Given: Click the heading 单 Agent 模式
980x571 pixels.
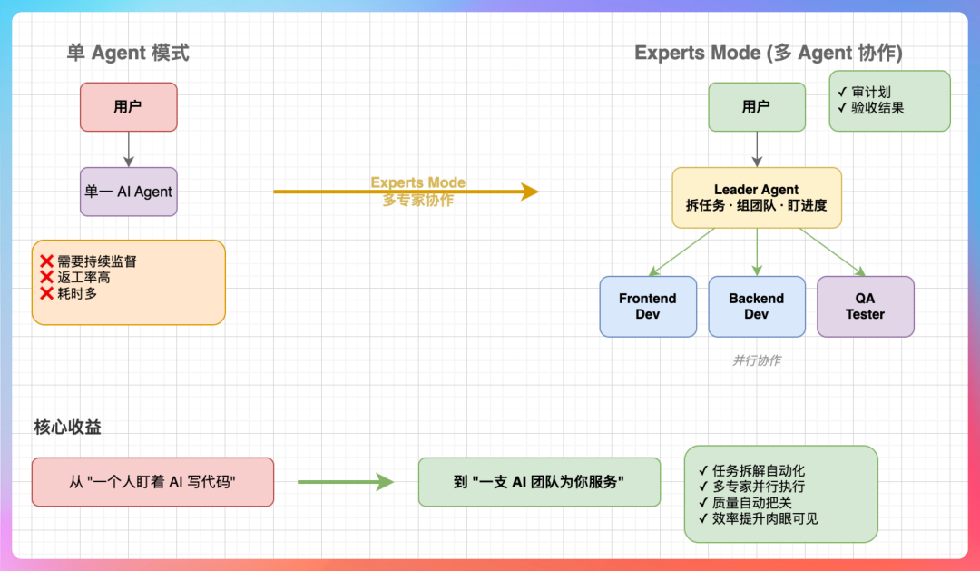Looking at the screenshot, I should (128, 53).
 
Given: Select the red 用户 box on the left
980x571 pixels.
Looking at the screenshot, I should (128, 107).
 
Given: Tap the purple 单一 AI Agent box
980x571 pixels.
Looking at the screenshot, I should (128, 192).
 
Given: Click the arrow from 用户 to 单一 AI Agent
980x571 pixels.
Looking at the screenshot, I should (128, 149).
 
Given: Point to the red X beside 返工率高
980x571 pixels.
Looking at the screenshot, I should (47, 277).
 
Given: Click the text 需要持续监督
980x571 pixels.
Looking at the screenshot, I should (96, 261).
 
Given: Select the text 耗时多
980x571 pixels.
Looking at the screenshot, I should (77, 293).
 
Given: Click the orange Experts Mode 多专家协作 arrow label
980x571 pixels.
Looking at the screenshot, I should (417, 192).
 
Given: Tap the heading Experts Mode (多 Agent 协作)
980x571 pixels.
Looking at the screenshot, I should (768, 53).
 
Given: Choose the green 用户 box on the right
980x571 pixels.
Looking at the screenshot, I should (756, 107).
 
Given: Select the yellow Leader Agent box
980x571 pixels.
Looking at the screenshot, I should (756, 197).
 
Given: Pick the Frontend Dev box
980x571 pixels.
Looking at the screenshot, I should (648, 307).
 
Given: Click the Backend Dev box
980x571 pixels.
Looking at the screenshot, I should (756, 307).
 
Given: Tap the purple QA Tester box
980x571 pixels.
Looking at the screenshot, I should (865, 307).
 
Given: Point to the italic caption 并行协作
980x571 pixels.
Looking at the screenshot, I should (756, 360).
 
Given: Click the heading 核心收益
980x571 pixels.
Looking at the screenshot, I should (67, 427).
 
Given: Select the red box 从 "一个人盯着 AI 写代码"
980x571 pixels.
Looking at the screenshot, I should (152, 482).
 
